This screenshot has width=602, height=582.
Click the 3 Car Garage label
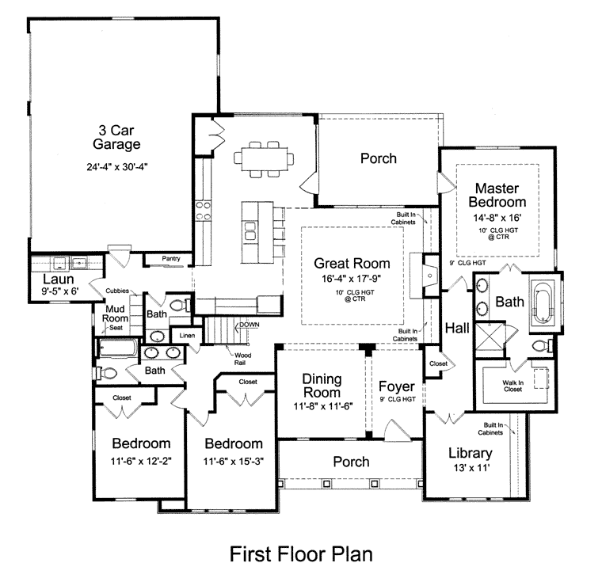coord(116,137)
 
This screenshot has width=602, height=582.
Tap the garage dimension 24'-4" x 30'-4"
coord(117,166)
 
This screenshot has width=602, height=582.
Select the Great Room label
coord(352,264)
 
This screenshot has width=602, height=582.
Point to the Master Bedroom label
coord(497,195)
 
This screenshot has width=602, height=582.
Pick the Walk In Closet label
coord(513,386)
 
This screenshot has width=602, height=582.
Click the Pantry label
coord(171,258)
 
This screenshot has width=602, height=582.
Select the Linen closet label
coord(187,336)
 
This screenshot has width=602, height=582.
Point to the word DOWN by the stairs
coord(250,325)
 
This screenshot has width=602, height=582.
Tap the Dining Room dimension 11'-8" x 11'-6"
coord(323,405)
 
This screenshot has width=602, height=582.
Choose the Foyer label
coord(397,386)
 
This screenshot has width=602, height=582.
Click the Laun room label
coord(59,279)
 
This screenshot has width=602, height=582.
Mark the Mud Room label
coord(115,314)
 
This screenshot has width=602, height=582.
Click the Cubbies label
coord(117,291)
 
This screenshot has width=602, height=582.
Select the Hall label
coord(457,329)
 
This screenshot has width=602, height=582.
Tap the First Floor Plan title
coord(301,554)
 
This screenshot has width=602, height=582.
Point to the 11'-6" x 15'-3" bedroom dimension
coord(234,461)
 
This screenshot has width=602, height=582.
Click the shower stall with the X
coord(490,335)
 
